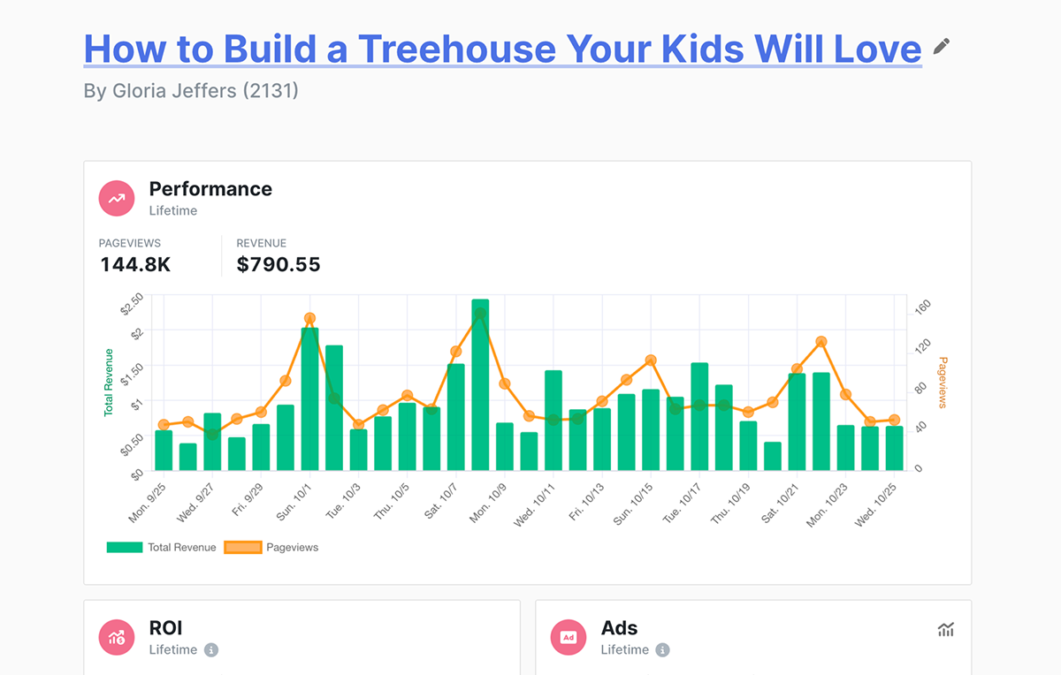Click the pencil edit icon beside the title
pos(942,46)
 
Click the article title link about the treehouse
pos(502,49)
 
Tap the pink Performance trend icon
pos(117,199)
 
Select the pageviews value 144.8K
pos(135,264)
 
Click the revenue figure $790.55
pos(279,264)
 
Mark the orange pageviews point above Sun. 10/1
pos(309,318)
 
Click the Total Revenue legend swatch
pos(124,548)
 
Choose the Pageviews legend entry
pos(292,548)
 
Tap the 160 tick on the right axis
pos(923,306)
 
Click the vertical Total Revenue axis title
pos(109,383)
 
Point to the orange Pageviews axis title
pos(943,383)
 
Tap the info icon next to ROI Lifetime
pos(210,650)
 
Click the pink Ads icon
pos(569,637)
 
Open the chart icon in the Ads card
pos(946,630)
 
